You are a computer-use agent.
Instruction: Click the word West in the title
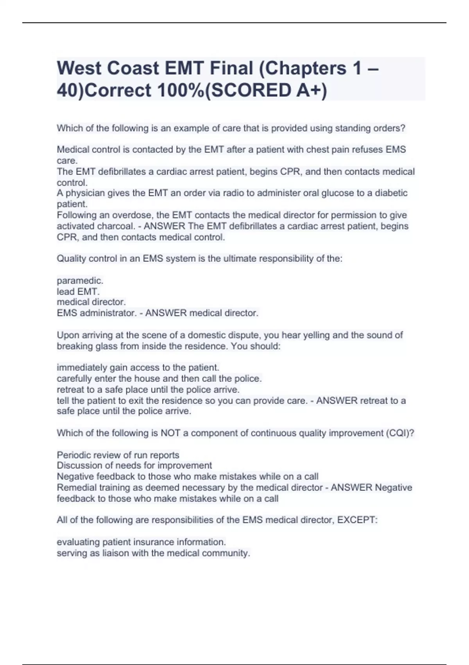pyautogui.click(x=79, y=68)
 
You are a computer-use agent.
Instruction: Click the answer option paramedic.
pyautogui.click(x=80, y=280)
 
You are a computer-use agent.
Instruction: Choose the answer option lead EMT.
pyautogui.click(x=78, y=291)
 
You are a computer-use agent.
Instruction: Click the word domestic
pyautogui.click(x=207, y=335)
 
